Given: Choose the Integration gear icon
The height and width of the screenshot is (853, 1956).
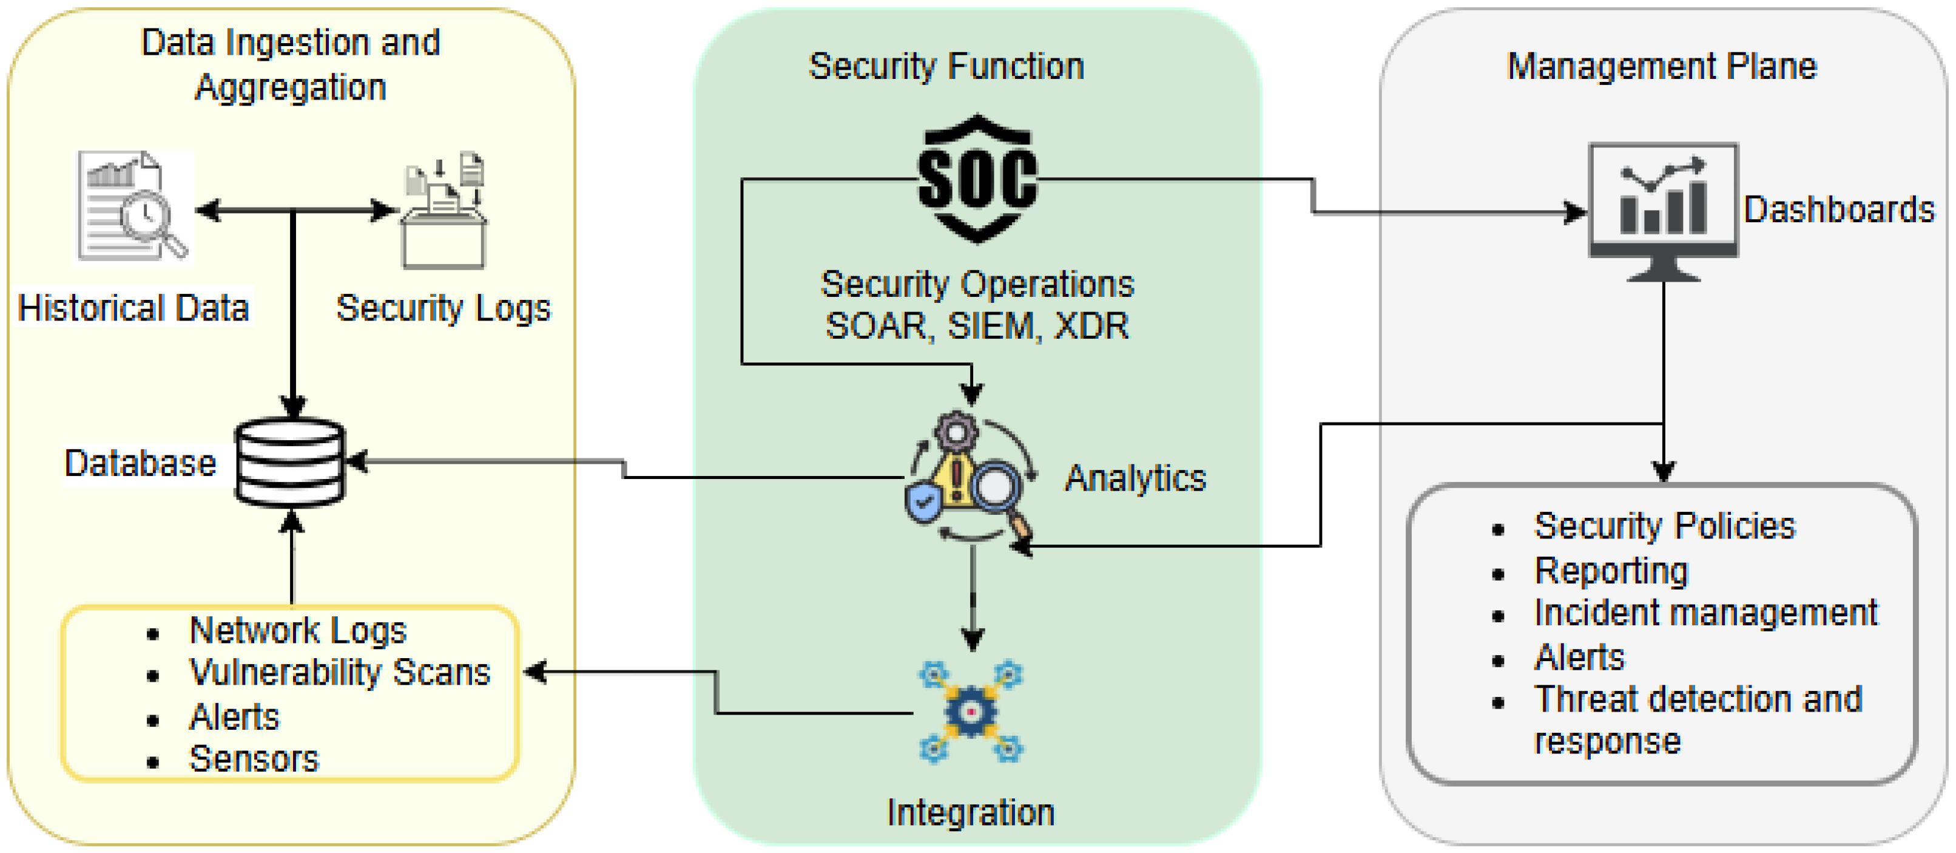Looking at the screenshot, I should coord(971,711).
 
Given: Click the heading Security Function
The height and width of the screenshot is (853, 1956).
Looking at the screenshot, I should coord(946,66).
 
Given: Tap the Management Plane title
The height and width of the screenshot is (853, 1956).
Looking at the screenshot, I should coord(1661,66).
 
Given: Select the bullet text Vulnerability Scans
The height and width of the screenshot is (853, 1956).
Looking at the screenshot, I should coord(339,672).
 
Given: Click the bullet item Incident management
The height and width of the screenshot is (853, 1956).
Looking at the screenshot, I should coord(1705,613).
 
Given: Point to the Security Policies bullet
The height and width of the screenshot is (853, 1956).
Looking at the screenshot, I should coord(1664,526).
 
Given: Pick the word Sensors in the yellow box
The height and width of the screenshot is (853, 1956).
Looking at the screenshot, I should coord(254,759).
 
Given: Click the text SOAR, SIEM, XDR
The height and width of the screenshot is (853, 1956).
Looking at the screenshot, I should coord(976,326).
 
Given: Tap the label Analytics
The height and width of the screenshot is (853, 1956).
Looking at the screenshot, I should coord(1135,478).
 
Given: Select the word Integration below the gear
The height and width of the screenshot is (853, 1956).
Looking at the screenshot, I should coord(970,813).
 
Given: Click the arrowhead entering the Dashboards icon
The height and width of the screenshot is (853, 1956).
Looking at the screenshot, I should coord(1576,212).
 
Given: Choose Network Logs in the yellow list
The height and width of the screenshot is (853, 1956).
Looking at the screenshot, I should coord(298,630).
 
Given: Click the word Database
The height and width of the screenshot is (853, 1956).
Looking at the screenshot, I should coord(141,463).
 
